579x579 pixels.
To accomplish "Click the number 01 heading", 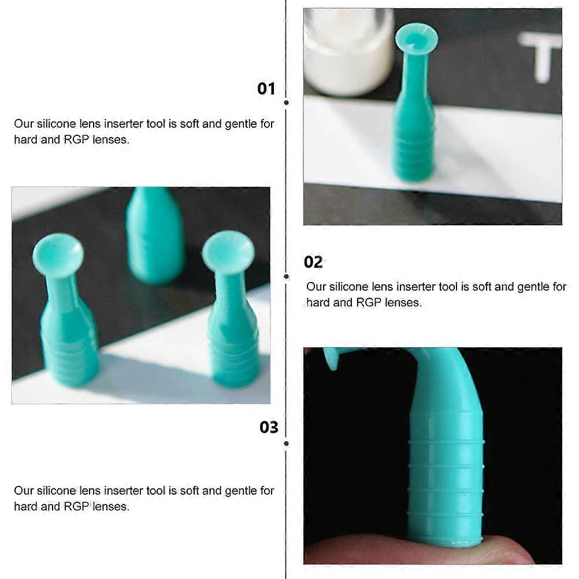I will pyautogui.click(x=266, y=89).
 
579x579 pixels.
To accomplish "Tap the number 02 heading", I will pyautogui.click(x=313, y=262).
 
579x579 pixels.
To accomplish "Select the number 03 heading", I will pyautogui.click(x=269, y=428).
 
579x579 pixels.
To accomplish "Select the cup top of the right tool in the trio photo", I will pyautogui.click(x=228, y=252).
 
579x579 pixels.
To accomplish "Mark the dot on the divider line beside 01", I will pyautogui.click(x=286, y=102).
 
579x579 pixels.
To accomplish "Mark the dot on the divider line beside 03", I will pyautogui.click(x=286, y=443).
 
